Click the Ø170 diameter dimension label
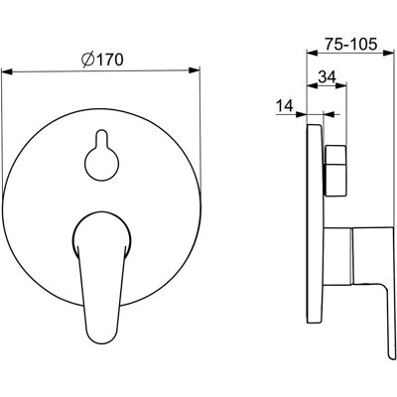pyautogui.click(x=102, y=60)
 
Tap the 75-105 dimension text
pyautogui.click(x=350, y=44)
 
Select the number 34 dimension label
pyautogui.click(x=327, y=77)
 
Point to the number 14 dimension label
pyautogui.click(x=285, y=106)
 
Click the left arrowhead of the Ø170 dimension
pyautogui.click(x=7, y=71)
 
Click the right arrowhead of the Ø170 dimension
pyautogui.click(x=195, y=70)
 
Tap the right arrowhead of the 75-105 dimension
pyautogui.click(x=388, y=53)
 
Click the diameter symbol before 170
pyautogui.click(x=87, y=61)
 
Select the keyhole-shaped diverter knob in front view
pyautogui.click(x=101, y=156)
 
